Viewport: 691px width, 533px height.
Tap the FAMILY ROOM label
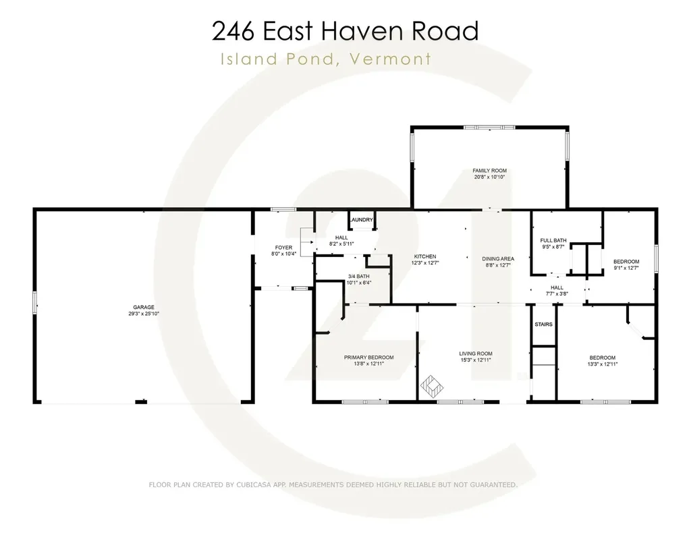pyautogui.click(x=489, y=171)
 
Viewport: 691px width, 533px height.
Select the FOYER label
pyautogui.click(x=283, y=248)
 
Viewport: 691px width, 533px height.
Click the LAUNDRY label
pyautogui.click(x=362, y=220)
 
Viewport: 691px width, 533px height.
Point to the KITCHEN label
pyautogui.click(x=425, y=256)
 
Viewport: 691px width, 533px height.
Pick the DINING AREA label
pyautogui.click(x=498, y=258)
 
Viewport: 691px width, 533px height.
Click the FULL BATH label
pyautogui.click(x=553, y=240)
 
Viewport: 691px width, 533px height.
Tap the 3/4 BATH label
pyautogui.click(x=358, y=277)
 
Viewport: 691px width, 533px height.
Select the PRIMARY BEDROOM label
pyautogui.click(x=368, y=358)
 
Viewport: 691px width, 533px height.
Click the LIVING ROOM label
pyautogui.click(x=476, y=354)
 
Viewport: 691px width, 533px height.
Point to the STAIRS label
pyautogui.click(x=543, y=325)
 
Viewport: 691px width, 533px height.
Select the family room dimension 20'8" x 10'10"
pyautogui.click(x=489, y=177)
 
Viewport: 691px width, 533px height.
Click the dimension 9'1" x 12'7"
pyautogui.click(x=626, y=268)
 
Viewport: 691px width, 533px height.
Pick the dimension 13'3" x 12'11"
pyautogui.click(x=603, y=364)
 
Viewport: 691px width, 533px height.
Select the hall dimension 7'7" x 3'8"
pyautogui.click(x=557, y=293)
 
